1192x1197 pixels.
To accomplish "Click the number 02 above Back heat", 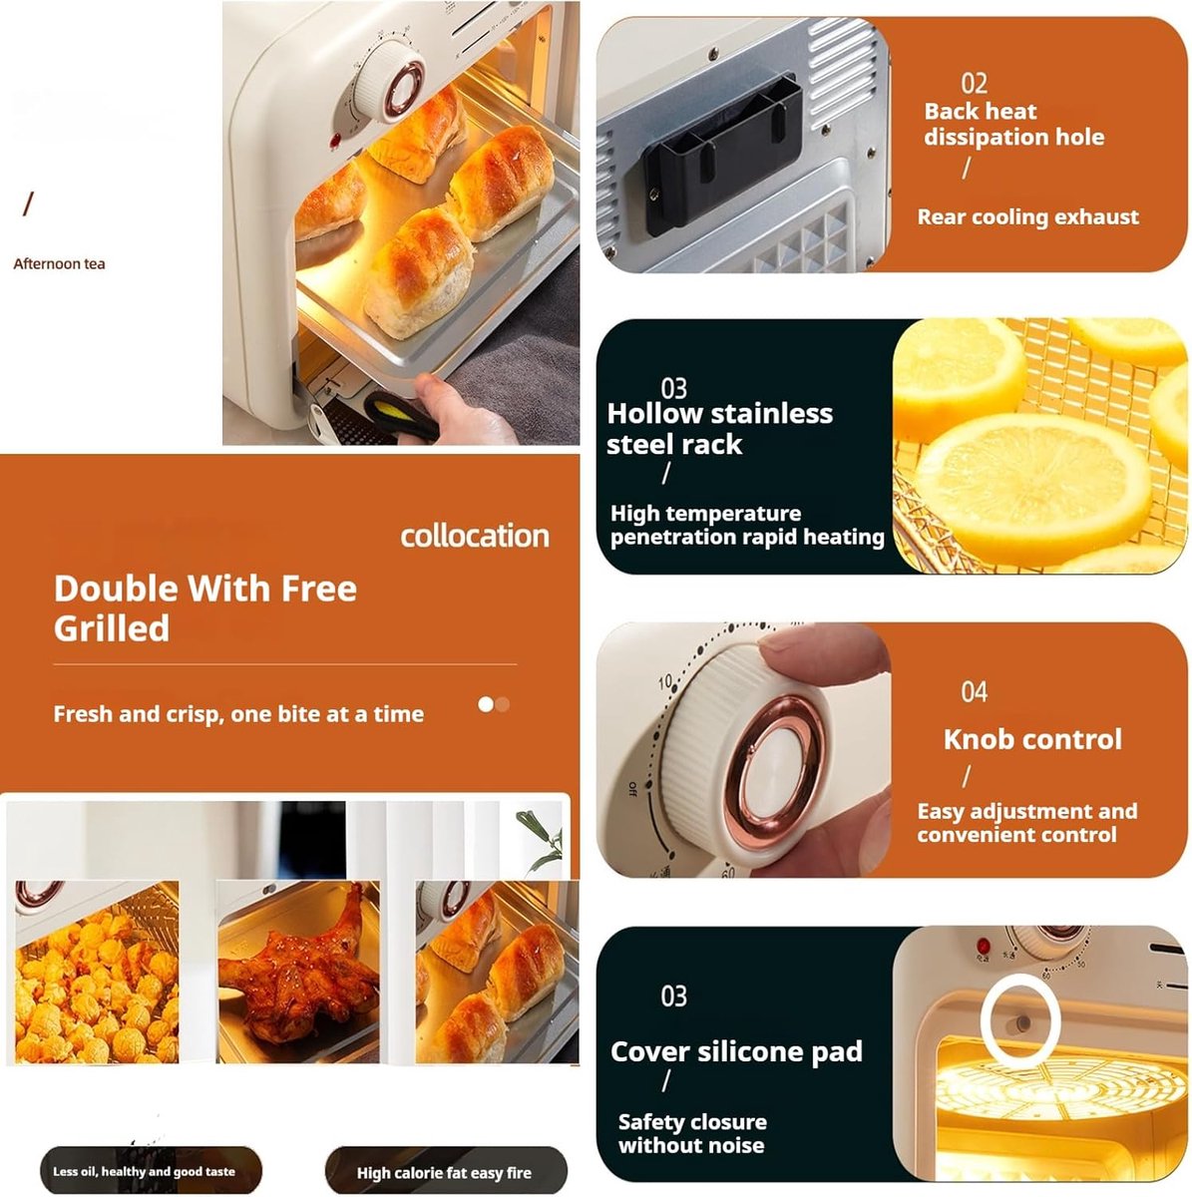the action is pyautogui.click(x=974, y=83).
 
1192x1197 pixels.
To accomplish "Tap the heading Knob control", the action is pyautogui.click(x=1032, y=739).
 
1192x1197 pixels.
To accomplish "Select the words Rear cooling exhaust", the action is pyautogui.click(x=1028, y=216).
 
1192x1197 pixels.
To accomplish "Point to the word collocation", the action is pyautogui.click(x=475, y=536).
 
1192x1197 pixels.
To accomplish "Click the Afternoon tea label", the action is pyautogui.click(x=59, y=264).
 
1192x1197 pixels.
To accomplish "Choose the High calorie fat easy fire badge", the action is pyautogui.click(x=444, y=1173).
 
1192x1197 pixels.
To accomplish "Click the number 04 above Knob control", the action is pyautogui.click(x=974, y=691).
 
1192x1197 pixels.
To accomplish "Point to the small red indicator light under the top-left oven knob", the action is pyautogui.click(x=335, y=141).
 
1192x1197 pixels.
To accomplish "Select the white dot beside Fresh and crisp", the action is pyautogui.click(x=486, y=704).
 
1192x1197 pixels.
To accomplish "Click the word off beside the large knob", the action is pyautogui.click(x=632, y=789).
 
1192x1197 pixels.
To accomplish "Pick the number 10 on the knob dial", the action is pyautogui.click(x=665, y=681).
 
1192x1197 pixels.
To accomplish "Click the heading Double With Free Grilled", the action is pyautogui.click(x=205, y=608).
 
